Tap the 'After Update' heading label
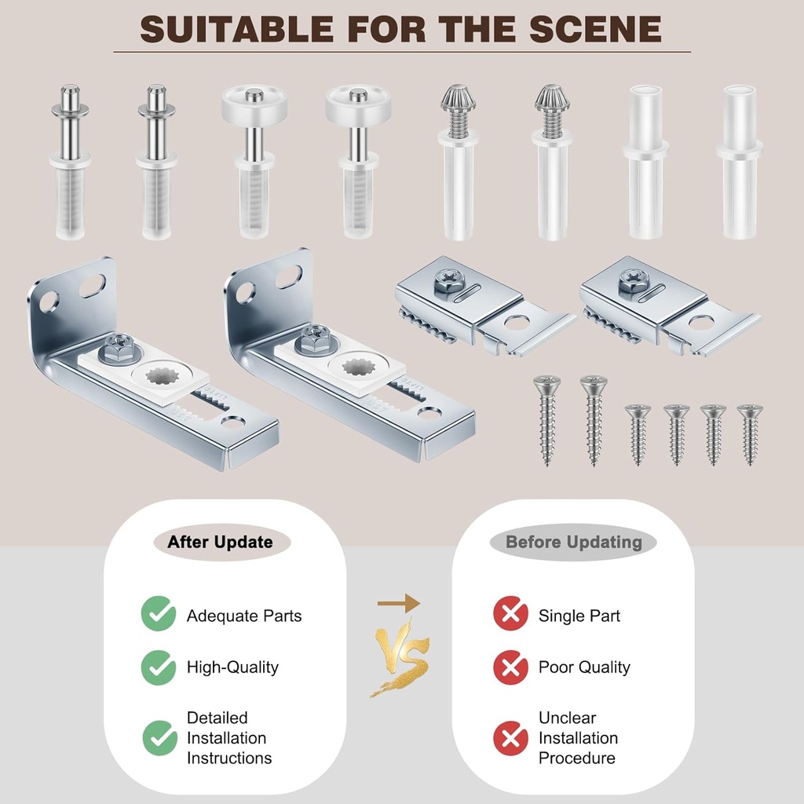click(220, 543)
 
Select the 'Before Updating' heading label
click(573, 543)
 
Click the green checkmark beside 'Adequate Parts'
click(159, 614)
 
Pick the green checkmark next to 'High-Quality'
click(159, 667)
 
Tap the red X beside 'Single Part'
click(510, 614)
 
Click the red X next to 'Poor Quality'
click(510, 667)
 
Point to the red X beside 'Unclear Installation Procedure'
click(510, 738)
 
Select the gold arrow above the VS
click(398, 603)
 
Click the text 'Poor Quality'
click(584, 667)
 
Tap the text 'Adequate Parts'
click(243, 616)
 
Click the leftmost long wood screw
click(546, 419)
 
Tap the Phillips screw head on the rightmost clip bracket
click(633, 280)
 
